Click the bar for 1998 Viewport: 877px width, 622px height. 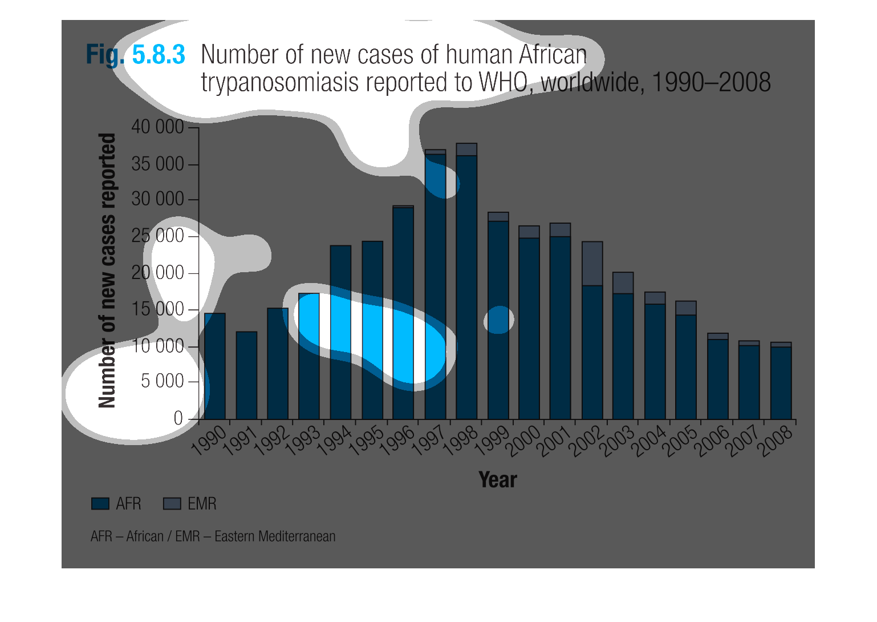point(466,285)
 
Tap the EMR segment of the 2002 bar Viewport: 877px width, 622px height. point(592,264)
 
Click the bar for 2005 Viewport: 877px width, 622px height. point(686,365)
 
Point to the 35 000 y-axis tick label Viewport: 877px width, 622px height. point(157,164)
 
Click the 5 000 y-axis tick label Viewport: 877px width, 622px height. point(162,381)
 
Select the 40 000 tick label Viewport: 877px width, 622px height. point(157,127)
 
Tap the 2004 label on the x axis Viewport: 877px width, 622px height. point(650,441)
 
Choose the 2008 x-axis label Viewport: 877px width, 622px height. point(776,441)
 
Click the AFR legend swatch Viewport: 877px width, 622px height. point(100,504)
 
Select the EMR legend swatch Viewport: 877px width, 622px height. point(172,504)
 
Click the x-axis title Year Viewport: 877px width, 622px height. point(497,480)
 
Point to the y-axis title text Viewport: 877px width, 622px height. point(107,270)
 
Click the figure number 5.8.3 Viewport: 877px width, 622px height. point(159,55)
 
